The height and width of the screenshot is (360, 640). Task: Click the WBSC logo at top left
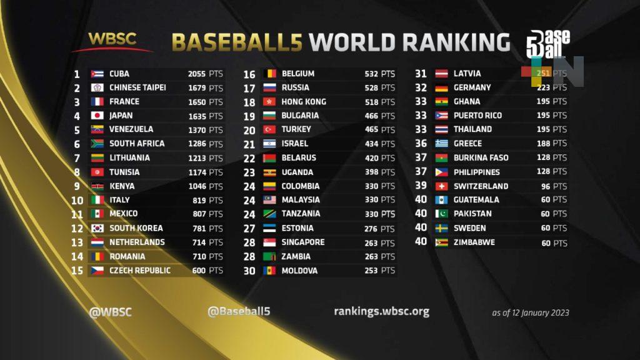112,41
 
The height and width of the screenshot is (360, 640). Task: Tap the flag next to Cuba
97,74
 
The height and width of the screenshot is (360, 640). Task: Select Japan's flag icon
97,116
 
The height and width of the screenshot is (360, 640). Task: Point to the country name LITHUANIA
129,157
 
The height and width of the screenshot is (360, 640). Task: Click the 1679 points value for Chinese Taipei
197,87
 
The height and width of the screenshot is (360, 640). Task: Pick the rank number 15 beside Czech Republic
77,270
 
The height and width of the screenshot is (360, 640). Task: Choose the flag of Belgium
270,74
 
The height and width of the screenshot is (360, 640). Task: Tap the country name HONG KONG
304,101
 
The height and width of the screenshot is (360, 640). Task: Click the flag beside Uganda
270,172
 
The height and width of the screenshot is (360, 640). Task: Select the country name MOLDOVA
299,271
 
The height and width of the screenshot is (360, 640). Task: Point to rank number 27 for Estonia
249,228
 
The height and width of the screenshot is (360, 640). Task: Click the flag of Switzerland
442,186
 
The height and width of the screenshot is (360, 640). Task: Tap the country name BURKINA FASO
481,157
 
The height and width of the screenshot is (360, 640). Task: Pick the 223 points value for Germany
544,87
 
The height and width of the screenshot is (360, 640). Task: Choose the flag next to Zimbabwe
442,242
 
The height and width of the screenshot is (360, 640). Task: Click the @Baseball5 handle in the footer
239,311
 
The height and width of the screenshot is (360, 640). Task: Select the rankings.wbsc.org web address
381,311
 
